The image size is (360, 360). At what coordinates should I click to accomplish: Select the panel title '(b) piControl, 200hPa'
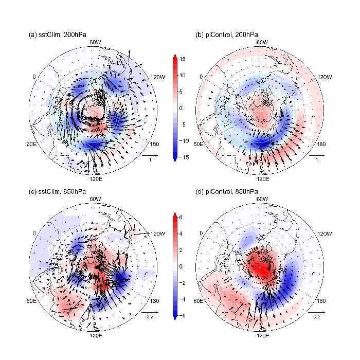pyautogui.click(x=224, y=35)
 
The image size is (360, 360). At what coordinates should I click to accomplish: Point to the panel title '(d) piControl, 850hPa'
pyautogui.click(x=224, y=192)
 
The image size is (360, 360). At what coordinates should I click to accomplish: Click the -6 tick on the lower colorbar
pyautogui.click(x=183, y=315)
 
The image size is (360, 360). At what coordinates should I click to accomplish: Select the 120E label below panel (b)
pyautogui.click(x=262, y=179)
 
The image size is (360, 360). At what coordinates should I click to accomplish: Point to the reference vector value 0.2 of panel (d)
pyautogui.click(x=317, y=317)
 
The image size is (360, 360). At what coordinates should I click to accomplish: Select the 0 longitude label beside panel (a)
pyautogui.click(x=35, y=77)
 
